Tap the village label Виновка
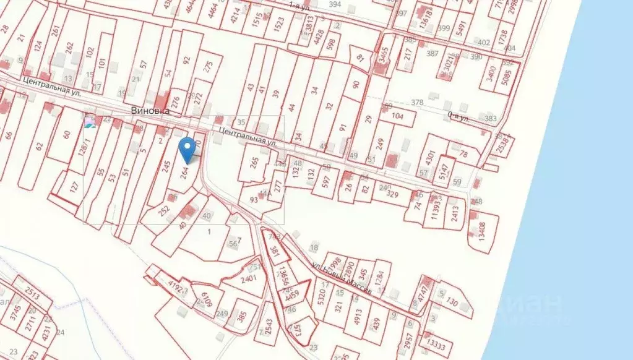click(150, 110)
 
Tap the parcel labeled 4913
click(358, 314)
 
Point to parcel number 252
click(165, 210)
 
